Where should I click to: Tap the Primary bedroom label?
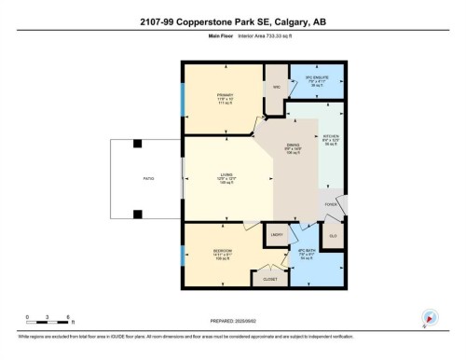(225, 97)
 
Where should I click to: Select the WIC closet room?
(277, 88)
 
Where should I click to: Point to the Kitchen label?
(331, 140)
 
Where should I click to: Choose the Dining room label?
(293, 148)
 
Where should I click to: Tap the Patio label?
(149, 178)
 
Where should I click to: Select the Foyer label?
(330, 203)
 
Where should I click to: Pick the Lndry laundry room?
(277, 235)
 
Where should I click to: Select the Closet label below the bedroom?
(270, 278)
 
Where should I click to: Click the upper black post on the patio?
(137, 144)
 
